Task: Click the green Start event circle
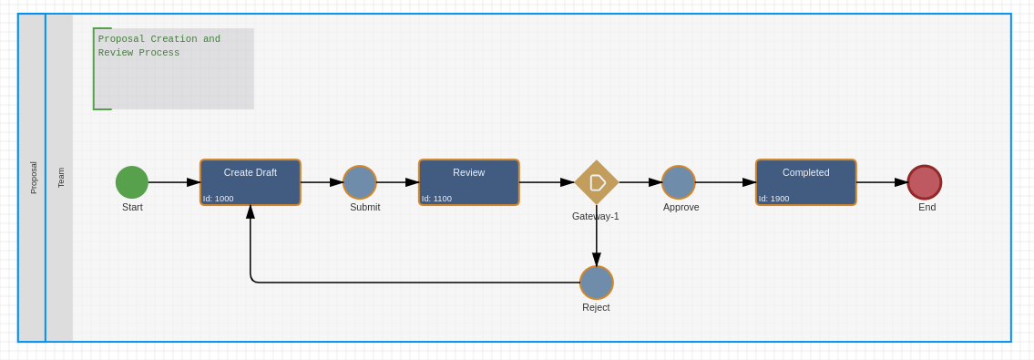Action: (132, 182)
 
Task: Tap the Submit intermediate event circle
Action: (360, 182)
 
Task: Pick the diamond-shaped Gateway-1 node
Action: (597, 182)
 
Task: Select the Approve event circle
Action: (679, 182)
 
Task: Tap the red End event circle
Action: (925, 182)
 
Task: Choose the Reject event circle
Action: (597, 283)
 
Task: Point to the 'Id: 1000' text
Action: (219, 199)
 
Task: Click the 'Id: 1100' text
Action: (437, 199)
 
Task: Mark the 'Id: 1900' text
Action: (774, 199)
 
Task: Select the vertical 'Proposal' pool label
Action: (34, 178)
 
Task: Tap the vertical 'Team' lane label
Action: (61, 178)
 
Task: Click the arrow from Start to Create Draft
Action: (173, 182)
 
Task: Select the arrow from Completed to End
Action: (882, 182)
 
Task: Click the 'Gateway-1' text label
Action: (595, 216)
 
